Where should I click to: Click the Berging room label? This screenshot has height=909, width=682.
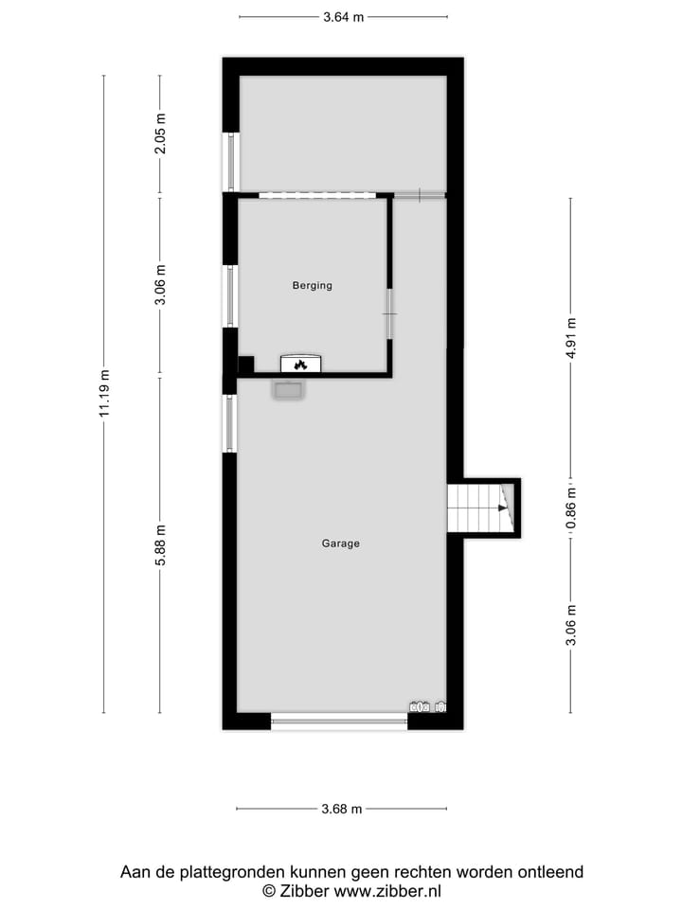tap(313, 285)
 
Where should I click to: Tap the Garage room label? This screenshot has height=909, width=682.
tap(341, 544)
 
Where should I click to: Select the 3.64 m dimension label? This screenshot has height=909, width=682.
tap(343, 16)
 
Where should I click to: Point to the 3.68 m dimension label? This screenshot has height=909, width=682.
tap(341, 809)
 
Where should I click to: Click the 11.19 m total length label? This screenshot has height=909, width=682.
tap(104, 393)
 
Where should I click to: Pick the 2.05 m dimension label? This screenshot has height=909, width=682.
tap(160, 134)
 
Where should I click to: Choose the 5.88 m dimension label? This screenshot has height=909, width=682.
tap(160, 545)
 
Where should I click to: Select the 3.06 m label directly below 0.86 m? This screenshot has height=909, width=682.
tap(570, 625)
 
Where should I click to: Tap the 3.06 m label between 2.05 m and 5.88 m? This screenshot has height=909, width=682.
tap(160, 286)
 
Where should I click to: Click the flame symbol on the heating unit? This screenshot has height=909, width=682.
tap(300, 364)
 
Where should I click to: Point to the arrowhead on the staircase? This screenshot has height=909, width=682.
tap(501, 508)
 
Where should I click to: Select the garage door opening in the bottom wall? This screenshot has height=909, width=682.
tap(339, 722)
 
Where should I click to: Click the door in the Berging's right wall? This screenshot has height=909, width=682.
tap(389, 313)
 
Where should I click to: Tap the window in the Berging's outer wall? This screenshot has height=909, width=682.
tap(229, 295)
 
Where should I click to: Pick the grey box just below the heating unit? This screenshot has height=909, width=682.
tap(288, 389)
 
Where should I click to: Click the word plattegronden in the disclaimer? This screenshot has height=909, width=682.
tap(224, 872)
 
